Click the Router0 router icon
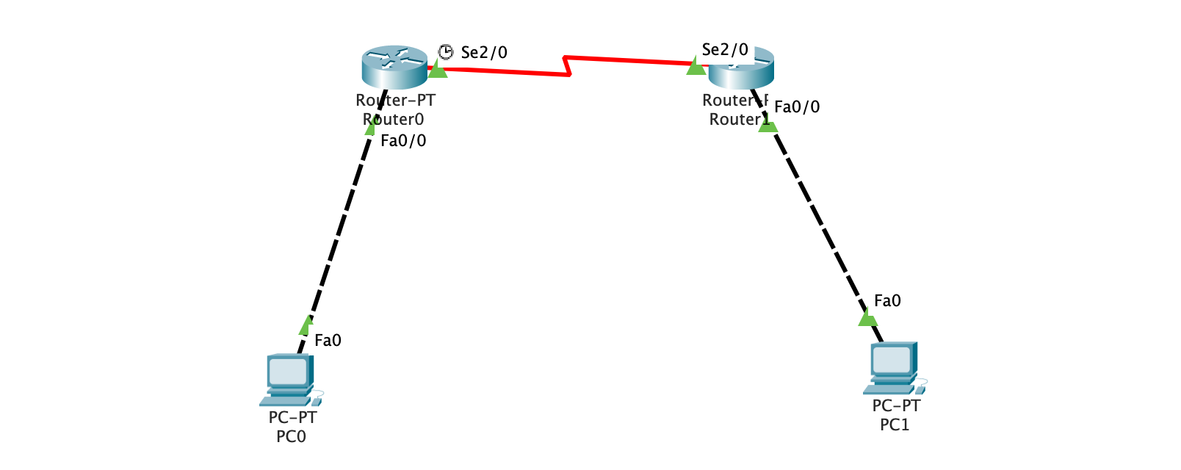(x=394, y=65)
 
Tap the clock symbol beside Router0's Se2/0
(x=446, y=51)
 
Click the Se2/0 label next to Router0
(x=484, y=53)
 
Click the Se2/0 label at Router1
(x=725, y=50)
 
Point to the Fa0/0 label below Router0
(x=403, y=141)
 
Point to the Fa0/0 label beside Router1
(x=797, y=107)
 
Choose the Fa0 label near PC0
(x=328, y=341)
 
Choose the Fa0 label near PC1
(x=887, y=301)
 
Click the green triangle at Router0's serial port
(x=438, y=70)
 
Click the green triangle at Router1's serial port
(x=696, y=67)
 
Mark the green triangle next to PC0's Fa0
(x=306, y=325)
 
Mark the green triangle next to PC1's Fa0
(x=867, y=318)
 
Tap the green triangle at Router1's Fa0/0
(x=768, y=125)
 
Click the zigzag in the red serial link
(x=566, y=65)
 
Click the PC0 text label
(x=291, y=437)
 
